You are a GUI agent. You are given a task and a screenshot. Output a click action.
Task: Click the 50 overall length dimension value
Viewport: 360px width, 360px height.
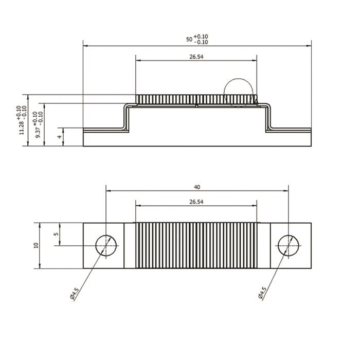pos(189,39)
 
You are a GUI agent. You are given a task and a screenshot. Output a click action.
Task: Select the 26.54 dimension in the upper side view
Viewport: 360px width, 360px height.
pos(196,57)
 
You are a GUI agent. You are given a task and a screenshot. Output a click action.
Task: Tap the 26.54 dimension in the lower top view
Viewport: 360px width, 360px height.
pos(196,202)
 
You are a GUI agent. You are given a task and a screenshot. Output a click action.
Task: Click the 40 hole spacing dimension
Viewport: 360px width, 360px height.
pos(197,187)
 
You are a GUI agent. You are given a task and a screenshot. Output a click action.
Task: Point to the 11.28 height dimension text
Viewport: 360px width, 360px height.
pos(22,128)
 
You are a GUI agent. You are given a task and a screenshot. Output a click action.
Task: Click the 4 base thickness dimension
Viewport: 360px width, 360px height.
pos(60,137)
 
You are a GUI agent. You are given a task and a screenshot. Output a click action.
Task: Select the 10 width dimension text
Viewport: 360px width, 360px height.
pos(36,245)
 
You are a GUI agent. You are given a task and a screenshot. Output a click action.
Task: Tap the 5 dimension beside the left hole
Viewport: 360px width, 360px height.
pos(56,234)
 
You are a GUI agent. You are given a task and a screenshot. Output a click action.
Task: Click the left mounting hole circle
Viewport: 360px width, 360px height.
pos(106,235)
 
